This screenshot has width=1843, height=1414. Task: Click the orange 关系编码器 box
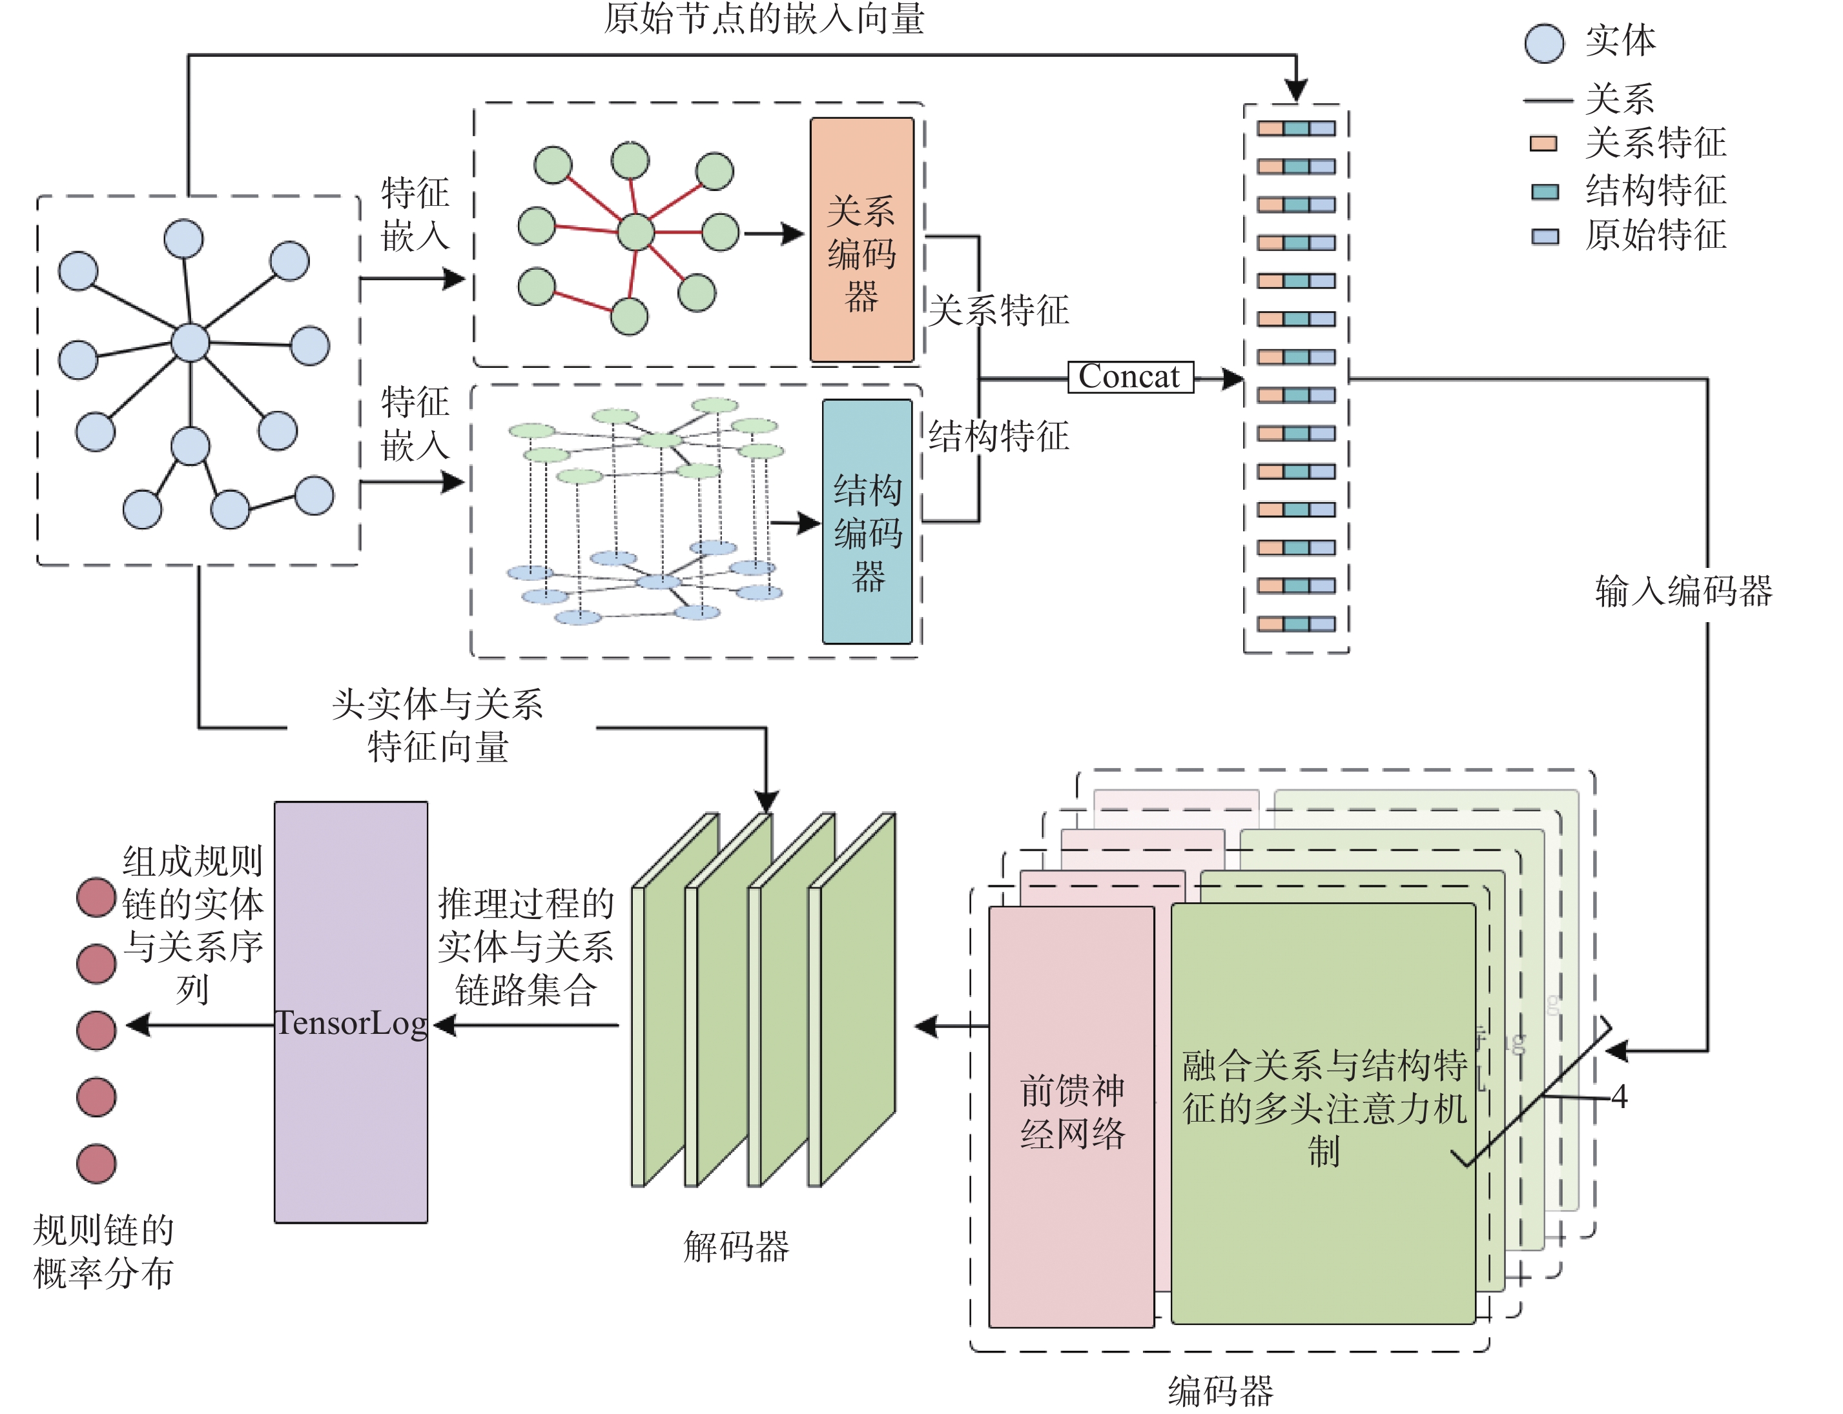861,240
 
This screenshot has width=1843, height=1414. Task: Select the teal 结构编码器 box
867,522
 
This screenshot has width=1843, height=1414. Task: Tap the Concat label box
1130,376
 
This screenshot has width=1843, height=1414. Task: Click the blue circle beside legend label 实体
1543,43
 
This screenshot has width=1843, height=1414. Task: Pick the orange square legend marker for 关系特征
1543,143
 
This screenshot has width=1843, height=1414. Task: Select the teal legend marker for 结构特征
1544,192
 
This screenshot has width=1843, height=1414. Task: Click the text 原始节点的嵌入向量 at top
764,19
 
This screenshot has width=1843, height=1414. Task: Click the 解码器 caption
736,1246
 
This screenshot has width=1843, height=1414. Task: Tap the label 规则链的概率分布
103,1251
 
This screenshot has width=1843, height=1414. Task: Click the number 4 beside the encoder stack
1619,1096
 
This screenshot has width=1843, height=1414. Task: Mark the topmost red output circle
96,897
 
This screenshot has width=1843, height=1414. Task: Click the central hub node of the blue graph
190,343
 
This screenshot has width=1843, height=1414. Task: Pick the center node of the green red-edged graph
635,232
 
